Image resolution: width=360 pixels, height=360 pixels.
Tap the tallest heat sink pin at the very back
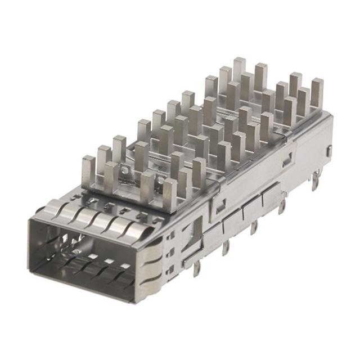[239, 69]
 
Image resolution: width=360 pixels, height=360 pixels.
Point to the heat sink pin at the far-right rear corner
[317, 92]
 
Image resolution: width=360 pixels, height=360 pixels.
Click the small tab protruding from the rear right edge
[329, 151]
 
